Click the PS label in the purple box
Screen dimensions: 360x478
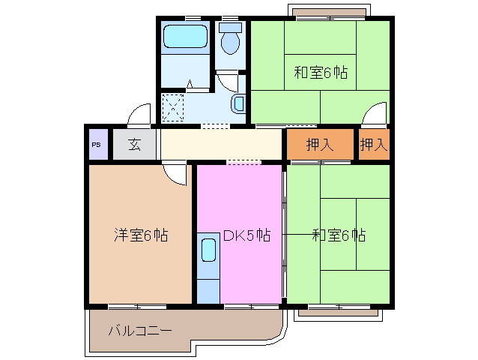96,145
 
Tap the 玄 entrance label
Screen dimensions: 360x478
134,145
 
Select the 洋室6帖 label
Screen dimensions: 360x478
140,235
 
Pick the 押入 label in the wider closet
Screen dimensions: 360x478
320,145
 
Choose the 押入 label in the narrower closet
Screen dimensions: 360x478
373,145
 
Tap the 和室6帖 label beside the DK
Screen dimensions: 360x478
339,235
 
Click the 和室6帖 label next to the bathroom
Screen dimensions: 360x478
320,73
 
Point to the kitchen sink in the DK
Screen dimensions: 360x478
208,250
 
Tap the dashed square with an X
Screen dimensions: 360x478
173,106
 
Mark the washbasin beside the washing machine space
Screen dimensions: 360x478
239,103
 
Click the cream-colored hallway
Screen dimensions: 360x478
221,144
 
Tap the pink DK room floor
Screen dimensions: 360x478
247,270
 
